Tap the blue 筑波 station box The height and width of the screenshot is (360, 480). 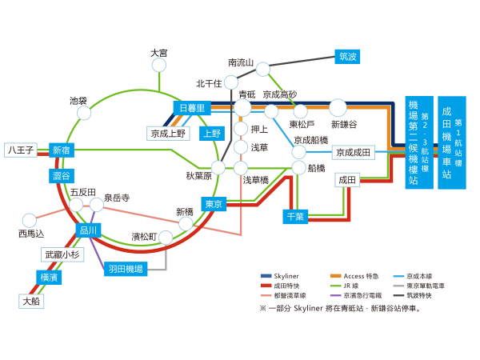click(x=347, y=56)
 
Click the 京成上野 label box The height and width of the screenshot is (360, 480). click(x=167, y=133)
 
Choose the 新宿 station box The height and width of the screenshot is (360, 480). click(x=61, y=150)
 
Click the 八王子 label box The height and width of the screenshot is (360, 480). click(x=19, y=150)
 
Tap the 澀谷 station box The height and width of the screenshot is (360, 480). click(x=61, y=175)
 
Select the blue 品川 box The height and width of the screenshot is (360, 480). click(x=88, y=230)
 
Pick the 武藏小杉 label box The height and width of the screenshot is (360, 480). click(x=63, y=254)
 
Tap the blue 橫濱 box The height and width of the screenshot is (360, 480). click(x=48, y=277)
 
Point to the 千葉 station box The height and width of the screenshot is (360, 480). click(x=296, y=217)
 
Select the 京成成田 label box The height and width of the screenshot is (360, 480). click(x=352, y=152)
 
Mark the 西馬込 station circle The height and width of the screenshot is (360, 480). click(x=30, y=220)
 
